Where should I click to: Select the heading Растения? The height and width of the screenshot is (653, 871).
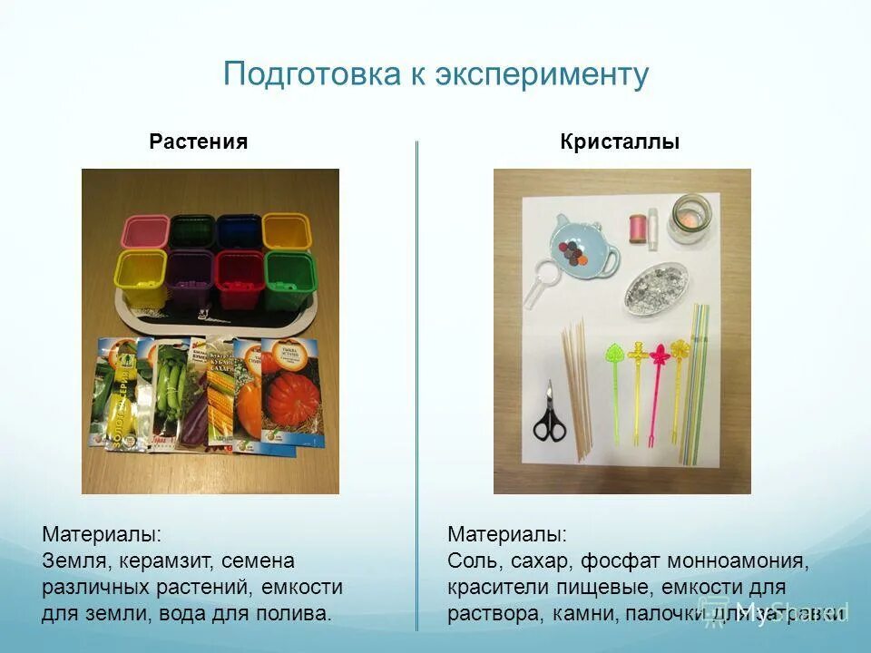[199, 141]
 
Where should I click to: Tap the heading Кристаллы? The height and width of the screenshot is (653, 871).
[620, 141]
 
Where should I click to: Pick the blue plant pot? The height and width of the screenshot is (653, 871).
[239, 232]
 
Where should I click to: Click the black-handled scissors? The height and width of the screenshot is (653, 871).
[548, 414]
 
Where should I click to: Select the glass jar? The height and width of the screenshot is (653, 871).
[690, 218]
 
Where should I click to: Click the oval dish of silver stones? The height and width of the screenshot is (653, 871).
[656, 289]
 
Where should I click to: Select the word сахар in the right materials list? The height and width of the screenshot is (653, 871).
[543, 561]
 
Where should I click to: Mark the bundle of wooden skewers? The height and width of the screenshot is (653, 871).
[577, 385]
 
